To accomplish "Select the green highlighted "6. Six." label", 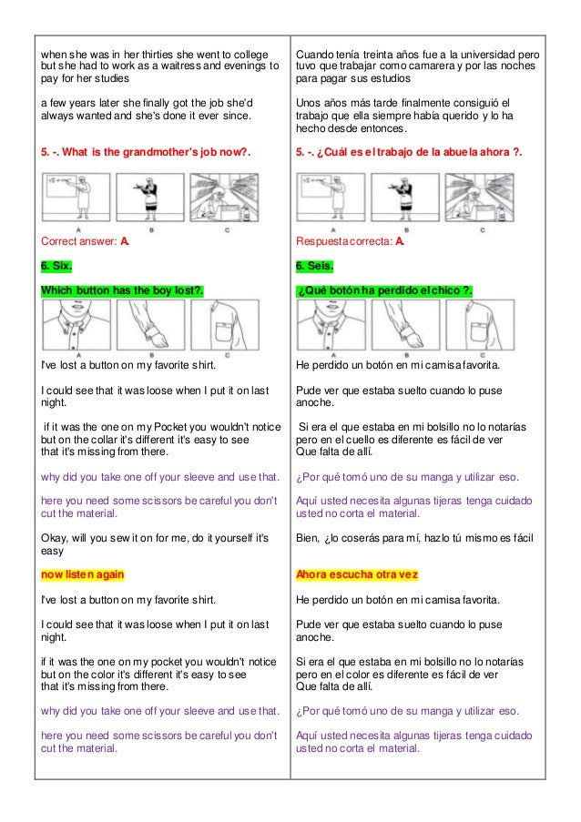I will coord(58,267).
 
